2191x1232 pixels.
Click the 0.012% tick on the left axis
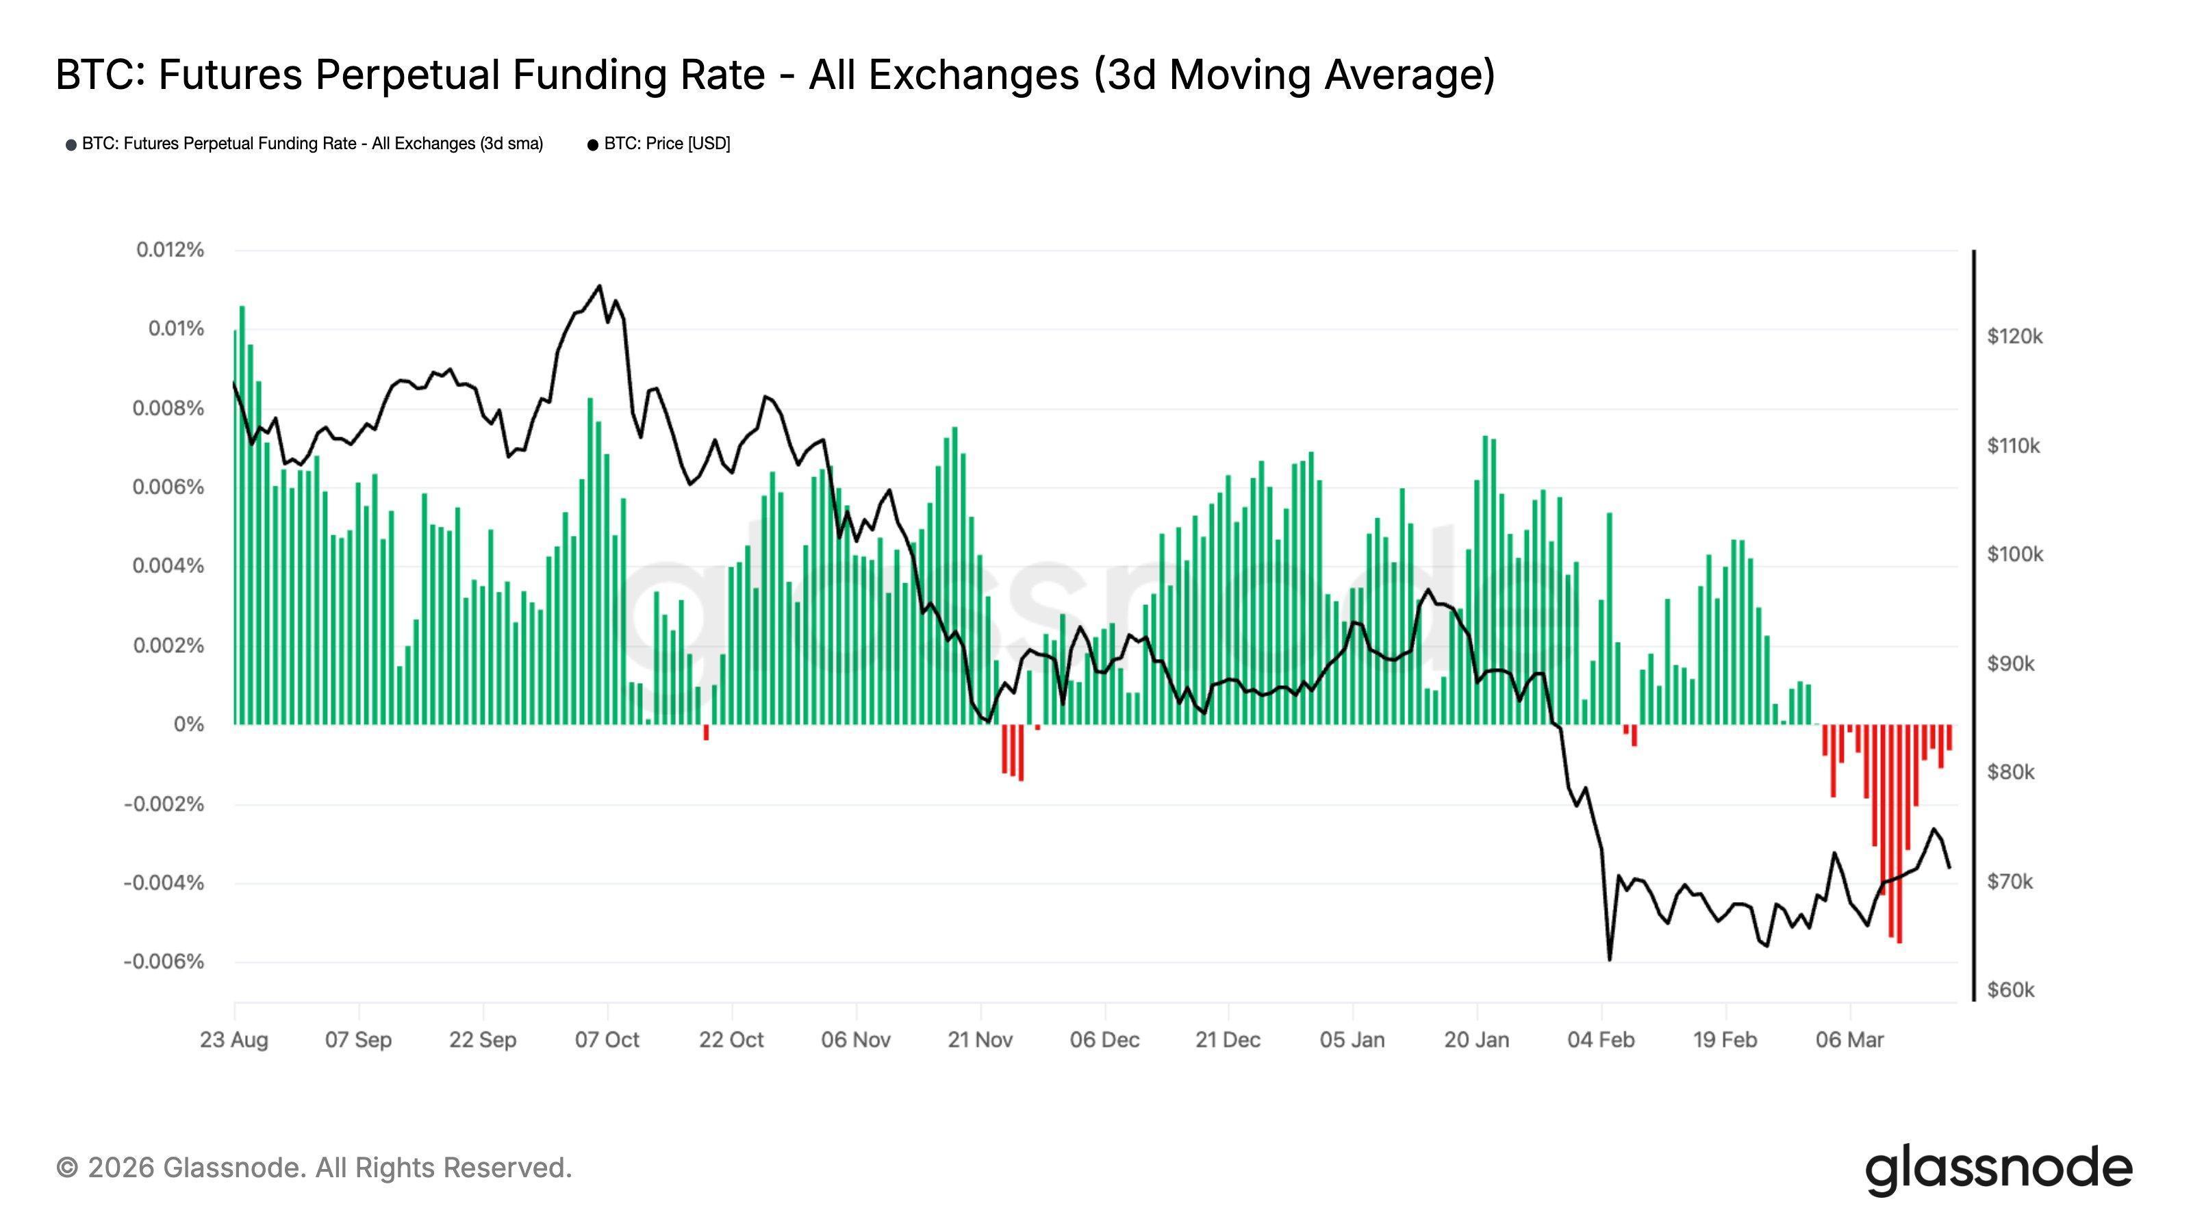click(x=170, y=250)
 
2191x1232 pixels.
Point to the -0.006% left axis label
click(x=164, y=962)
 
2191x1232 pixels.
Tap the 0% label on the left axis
click(x=189, y=724)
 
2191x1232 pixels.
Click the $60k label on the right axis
click(x=2011, y=990)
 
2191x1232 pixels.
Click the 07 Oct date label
click(x=607, y=1040)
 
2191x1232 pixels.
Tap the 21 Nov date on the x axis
click(x=980, y=1040)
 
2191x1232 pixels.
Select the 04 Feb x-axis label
click(x=1601, y=1040)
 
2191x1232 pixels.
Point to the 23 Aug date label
click(x=234, y=1040)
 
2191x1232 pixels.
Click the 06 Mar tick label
click(x=1849, y=1040)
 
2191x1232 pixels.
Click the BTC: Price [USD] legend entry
click(x=666, y=144)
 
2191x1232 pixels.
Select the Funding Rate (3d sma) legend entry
click(x=312, y=144)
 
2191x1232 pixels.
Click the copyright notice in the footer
click(x=314, y=1168)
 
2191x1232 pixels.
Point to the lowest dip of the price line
click(x=1609, y=960)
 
